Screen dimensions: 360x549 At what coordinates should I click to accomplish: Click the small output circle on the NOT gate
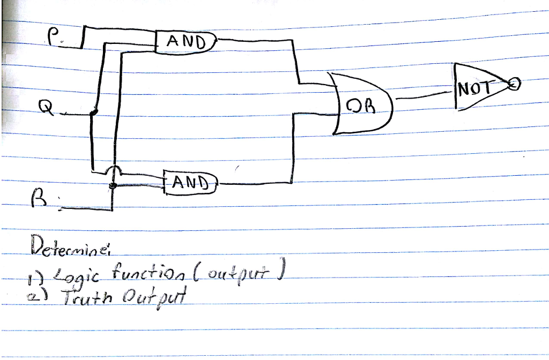pyautogui.click(x=514, y=84)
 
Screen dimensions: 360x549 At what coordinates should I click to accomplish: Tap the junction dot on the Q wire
pyautogui.click(x=94, y=112)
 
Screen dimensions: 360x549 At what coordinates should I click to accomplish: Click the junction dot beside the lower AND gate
pyautogui.click(x=113, y=185)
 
